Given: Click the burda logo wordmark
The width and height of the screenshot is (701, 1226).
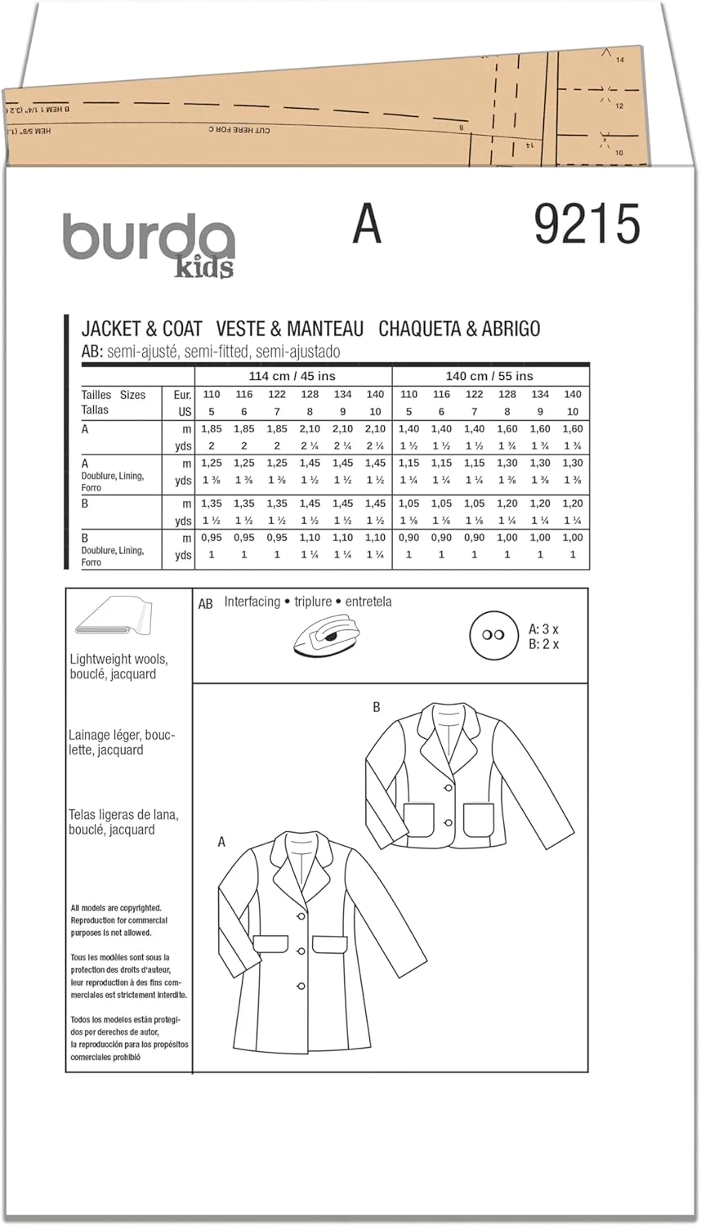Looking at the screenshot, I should (147, 236).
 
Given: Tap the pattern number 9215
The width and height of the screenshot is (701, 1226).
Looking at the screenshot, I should (587, 224).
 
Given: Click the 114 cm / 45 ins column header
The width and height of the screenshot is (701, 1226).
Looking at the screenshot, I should (292, 376).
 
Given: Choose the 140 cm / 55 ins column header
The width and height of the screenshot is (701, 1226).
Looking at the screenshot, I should (489, 376).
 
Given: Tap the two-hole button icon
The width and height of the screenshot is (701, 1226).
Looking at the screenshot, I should (493, 635).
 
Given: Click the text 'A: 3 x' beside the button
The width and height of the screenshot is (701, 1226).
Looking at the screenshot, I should (543, 629).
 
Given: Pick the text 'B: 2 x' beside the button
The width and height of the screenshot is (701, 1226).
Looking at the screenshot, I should (543, 644).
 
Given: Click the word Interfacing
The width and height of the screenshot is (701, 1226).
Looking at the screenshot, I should (252, 602).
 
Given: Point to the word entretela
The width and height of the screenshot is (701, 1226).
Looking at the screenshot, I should (368, 602).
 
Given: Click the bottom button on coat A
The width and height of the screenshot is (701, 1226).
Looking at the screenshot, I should (301, 986).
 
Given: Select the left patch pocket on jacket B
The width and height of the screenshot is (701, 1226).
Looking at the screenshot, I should (418, 820).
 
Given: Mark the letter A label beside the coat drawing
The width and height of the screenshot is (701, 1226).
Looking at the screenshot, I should (221, 842).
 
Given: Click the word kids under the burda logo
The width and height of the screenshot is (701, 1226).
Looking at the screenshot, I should (203, 266).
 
